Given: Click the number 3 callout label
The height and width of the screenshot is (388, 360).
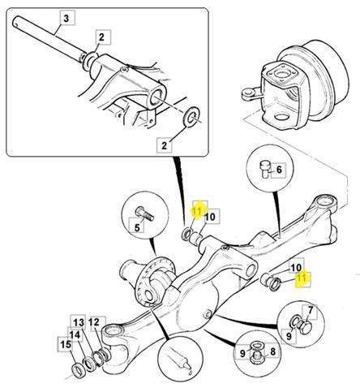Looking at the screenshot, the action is (x=66, y=18).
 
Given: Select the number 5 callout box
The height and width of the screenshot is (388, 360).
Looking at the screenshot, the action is (x=137, y=227).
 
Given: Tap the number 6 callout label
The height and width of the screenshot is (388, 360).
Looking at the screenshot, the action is (x=279, y=170).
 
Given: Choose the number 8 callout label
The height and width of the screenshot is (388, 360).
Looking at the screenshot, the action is (x=272, y=351).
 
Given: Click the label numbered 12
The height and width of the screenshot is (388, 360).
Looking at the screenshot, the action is (x=94, y=322).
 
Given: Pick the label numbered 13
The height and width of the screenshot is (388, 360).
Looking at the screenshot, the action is (x=79, y=322).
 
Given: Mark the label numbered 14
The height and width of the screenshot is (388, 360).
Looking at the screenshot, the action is (x=75, y=335).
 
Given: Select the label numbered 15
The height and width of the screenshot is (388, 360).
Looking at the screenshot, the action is (x=66, y=344).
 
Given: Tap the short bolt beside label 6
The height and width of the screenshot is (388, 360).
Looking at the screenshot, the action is (x=265, y=169).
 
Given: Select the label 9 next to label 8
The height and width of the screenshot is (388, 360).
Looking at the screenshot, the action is (x=242, y=353).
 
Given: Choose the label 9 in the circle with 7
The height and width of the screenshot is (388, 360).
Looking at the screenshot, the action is (x=289, y=336).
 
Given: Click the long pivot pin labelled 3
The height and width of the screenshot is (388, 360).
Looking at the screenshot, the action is (x=49, y=39).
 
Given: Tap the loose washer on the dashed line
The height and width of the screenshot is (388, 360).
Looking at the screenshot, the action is (x=191, y=117).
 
